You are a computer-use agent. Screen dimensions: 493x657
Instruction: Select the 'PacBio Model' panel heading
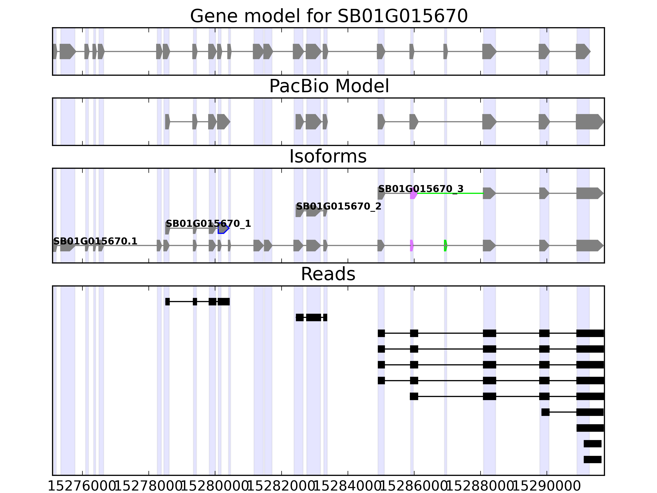coord(329,86)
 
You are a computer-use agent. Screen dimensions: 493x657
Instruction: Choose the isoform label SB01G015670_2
coord(339,206)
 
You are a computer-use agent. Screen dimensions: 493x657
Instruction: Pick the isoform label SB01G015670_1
coord(208,223)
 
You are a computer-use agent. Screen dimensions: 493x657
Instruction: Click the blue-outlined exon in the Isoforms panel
coord(223,228)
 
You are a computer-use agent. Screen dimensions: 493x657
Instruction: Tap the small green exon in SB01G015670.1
coord(446,245)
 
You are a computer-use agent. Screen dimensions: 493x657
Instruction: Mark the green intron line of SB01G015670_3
coord(450,194)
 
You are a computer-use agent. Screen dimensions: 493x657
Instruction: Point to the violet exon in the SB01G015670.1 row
coord(412,245)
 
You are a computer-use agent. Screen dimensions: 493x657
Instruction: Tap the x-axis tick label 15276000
coord(82,486)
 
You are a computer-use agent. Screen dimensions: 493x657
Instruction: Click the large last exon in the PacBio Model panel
coord(589,122)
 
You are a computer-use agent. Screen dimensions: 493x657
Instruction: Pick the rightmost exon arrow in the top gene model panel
coord(582,51)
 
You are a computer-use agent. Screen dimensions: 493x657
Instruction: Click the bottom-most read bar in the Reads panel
coord(592,460)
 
